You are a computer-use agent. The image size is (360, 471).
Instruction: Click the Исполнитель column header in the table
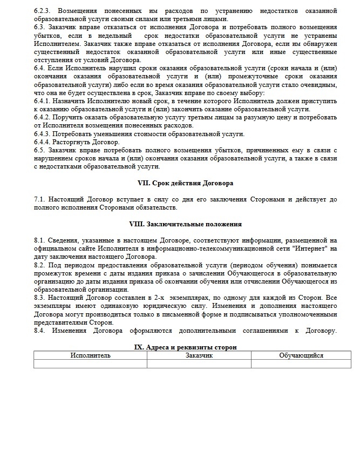pos(90,355)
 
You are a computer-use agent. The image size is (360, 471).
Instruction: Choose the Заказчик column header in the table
pos(199,355)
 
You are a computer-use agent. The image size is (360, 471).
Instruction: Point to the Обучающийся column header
pos(301,355)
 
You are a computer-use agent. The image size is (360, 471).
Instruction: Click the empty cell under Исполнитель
pos(90,364)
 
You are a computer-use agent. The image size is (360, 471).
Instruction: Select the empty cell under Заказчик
pos(199,364)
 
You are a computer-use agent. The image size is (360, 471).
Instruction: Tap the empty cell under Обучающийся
pos(301,364)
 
